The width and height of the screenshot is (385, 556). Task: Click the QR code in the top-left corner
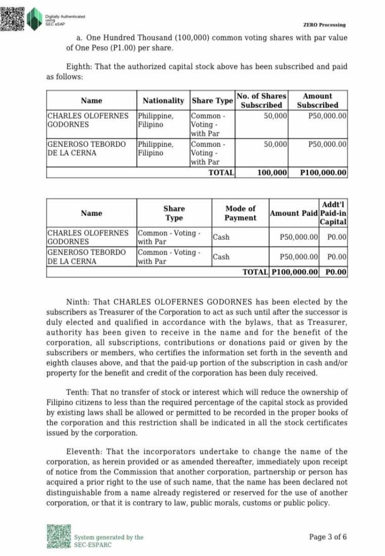pos(12,17)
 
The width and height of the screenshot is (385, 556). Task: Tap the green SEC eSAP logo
pos(35,19)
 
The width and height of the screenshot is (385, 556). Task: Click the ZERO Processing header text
pos(324,25)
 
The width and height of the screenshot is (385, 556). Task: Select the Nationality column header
pos(163,100)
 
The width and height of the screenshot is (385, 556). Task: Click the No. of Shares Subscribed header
pos(261,100)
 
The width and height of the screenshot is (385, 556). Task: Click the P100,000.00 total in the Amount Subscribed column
pos(323,173)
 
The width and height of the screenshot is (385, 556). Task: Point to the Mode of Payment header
pos(240,213)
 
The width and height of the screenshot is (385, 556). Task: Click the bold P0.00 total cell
pos(336,272)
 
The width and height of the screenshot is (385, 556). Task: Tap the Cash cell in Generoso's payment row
pos(221,257)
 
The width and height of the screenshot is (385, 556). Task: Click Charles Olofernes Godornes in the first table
pos(88,120)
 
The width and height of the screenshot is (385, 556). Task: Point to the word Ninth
pos(78,302)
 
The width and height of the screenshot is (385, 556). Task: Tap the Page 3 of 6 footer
pos(328,537)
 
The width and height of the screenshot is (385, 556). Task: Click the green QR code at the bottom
pos(59,536)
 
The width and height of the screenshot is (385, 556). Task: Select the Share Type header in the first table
pos(212,100)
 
